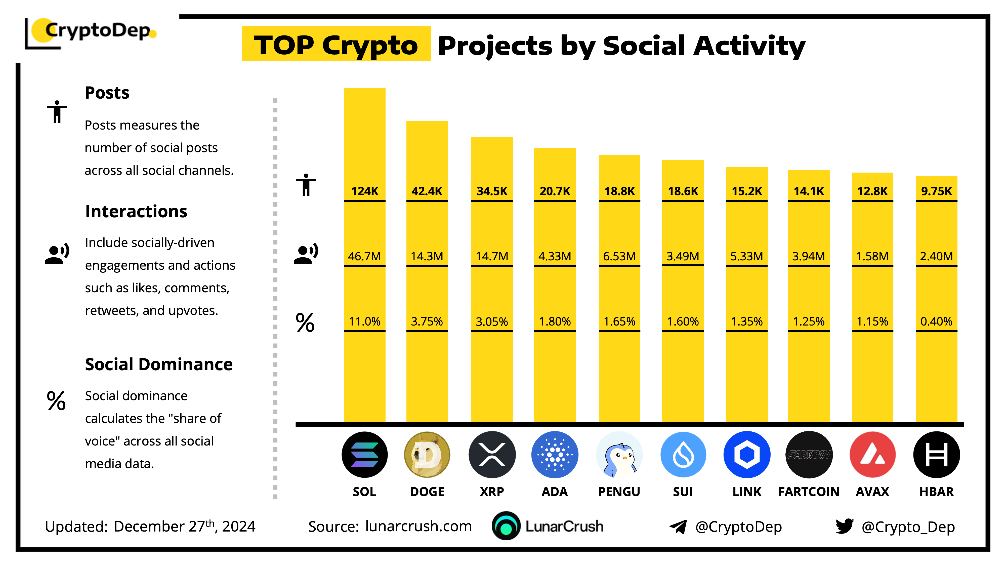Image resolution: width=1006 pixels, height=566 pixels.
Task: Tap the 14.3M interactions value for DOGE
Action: click(x=427, y=256)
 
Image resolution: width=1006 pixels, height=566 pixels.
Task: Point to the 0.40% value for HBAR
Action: click(x=936, y=321)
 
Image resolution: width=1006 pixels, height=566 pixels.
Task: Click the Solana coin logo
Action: click(x=364, y=454)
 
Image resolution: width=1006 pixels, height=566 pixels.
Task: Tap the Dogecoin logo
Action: click(x=427, y=454)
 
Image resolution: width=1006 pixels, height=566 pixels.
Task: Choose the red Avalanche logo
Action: click(x=872, y=454)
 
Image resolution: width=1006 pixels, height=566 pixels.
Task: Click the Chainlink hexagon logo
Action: click(x=747, y=454)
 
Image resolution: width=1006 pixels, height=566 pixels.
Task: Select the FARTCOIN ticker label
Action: click(x=809, y=491)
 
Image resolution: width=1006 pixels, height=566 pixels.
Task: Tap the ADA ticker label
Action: click(x=555, y=491)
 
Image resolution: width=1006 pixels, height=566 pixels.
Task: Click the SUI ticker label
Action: click(x=683, y=491)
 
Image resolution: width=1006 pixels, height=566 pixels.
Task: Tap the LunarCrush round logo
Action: click(x=506, y=526)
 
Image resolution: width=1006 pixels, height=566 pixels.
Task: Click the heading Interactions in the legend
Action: click(x=136, y=211)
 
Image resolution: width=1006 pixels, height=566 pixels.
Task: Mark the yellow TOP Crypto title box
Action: click(x=336, y=44)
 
